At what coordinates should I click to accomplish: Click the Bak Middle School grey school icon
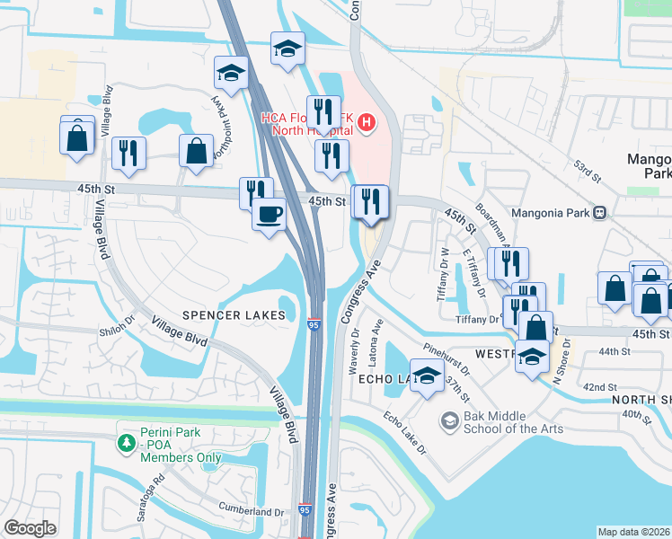(449, 420)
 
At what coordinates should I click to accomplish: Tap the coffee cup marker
(269, 215)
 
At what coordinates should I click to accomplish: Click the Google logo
(30, 527)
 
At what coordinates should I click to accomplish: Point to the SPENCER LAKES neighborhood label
(234, 315)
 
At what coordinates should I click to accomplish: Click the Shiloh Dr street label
(117, 331)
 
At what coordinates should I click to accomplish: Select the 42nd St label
(599, 386)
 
